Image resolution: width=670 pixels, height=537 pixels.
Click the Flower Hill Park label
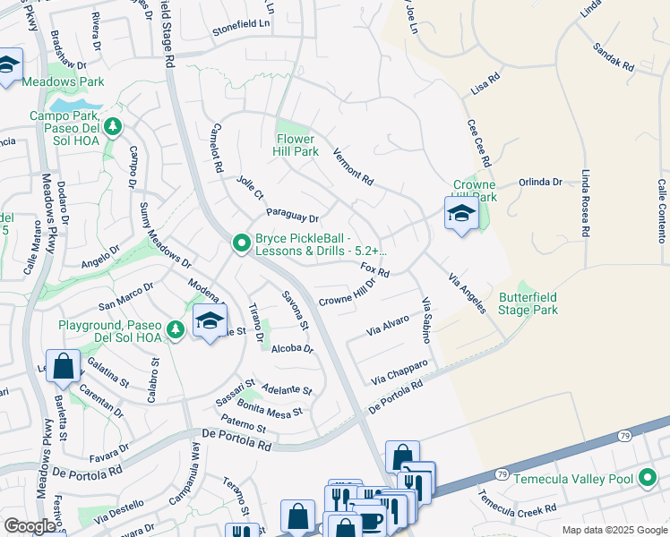(296, 145)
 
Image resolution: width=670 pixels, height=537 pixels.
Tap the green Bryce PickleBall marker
(240, 243)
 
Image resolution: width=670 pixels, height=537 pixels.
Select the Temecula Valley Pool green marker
(648, 479)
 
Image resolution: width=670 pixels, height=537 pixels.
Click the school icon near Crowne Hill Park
(460, 214)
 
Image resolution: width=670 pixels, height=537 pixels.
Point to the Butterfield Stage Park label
(528, 303)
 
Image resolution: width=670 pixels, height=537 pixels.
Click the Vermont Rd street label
(353, 166)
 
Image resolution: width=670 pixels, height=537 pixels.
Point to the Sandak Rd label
(614, 55)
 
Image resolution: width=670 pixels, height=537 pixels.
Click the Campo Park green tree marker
(113, 127)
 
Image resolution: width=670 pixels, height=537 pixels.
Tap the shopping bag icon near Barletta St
(64, 366)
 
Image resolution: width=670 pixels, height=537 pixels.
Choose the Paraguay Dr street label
(293, 216)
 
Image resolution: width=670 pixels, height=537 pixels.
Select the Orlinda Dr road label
(539, 183)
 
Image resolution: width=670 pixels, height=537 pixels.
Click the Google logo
(30, 525)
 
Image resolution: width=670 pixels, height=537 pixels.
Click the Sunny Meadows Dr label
(165, 235)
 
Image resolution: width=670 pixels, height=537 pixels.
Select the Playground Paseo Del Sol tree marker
(176, 329)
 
